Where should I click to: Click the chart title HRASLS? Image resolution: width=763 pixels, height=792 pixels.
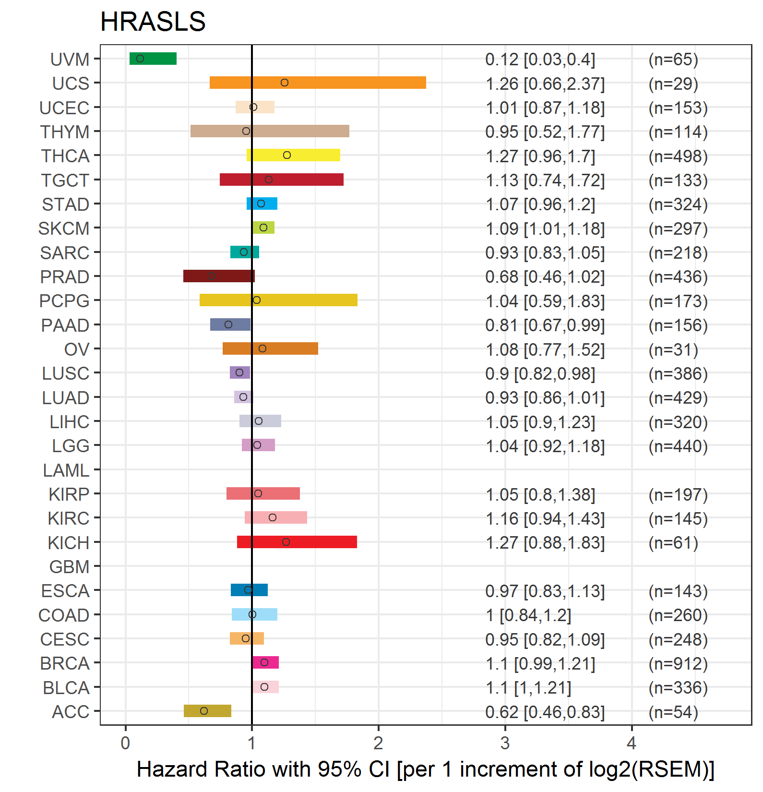(x=153, y=22)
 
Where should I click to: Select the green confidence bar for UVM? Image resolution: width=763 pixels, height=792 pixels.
(x=153, y=59)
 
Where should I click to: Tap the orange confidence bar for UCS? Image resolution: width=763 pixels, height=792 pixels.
(x=318, y=83)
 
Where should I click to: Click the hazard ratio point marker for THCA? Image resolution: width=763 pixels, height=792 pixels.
(x=287, y=155)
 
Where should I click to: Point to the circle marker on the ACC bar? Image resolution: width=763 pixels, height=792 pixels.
(x=204, y=711)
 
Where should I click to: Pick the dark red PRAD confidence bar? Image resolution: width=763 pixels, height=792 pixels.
(x=219, y=276)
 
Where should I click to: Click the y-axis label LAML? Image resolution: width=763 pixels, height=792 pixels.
(x=66, y=470)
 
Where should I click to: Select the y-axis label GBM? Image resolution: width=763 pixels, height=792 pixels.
(x=70, y=567)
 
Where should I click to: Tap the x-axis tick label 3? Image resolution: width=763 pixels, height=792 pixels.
(x=505, y=743)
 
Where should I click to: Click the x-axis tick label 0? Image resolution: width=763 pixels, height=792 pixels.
(x=125, y=743)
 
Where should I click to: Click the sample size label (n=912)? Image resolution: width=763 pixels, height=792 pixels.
(x=678, y=663)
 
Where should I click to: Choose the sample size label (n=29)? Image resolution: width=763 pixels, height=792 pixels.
(x=673, y=84)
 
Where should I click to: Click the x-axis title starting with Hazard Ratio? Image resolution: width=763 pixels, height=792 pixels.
(x=425, y=769)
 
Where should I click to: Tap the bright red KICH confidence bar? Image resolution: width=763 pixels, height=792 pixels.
(x=297, y=542)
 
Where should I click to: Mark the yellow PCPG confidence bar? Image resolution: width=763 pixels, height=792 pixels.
(x=278, y=300)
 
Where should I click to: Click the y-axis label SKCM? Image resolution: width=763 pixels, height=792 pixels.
(x=64, y=228)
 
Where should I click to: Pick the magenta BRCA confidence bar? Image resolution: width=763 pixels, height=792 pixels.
(x=265, y=662)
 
